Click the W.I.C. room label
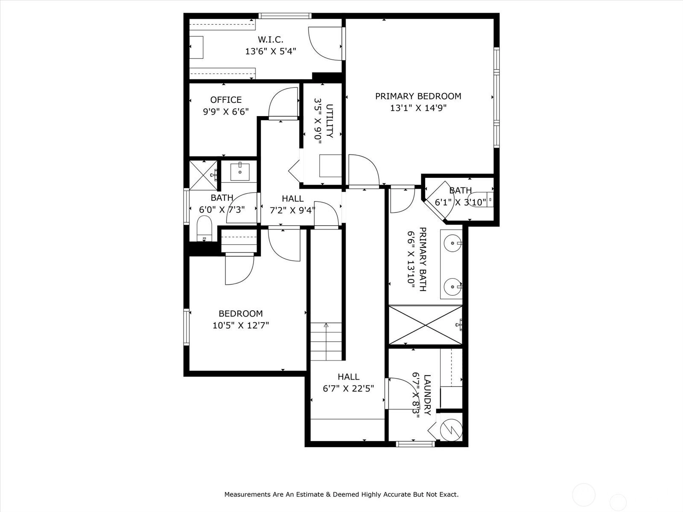point(270,40)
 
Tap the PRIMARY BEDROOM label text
point(418,96)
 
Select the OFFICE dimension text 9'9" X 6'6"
point(226,111)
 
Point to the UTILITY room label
point(330,121)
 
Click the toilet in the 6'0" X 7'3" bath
point(204,229)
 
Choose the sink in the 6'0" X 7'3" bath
point(239,171)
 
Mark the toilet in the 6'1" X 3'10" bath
point(481,200)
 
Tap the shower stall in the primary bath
point(425,325)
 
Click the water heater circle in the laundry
point(452,430)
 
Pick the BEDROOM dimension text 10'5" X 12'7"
point(240,326)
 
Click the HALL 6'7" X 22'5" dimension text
point(348,389)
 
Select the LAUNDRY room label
point(428,395)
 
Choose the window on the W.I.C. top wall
point(285,15)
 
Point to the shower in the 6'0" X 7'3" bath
point(204,175)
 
